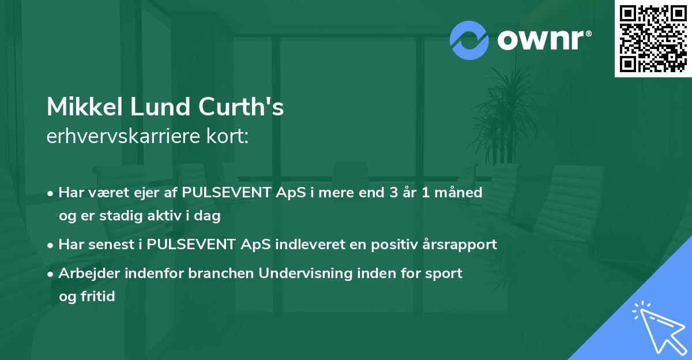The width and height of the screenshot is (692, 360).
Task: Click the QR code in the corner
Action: tap(653, 39)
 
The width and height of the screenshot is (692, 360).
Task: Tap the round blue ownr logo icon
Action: tap(469, 40)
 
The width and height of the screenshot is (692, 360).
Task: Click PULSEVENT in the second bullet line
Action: tap(192, 245)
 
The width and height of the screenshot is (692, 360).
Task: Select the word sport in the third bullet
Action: tap(443, 273)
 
